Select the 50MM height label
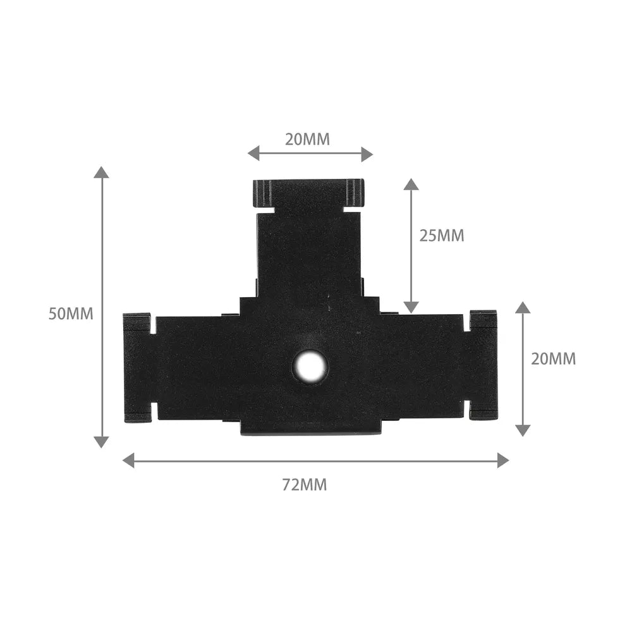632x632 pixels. [x=71, y=313]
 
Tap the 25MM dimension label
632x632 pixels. [x=442, y=236]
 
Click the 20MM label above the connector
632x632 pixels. [x=307, y=140]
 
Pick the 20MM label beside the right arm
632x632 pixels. [x=554, y=359]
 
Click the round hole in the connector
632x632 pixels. [x=310, y=366]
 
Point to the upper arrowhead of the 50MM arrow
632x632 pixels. [x=101, y=172]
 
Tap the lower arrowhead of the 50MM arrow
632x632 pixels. [x=101, y=442]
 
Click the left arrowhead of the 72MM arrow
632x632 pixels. [x=128, y=460]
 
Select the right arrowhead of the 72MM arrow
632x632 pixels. [x=503, y=460]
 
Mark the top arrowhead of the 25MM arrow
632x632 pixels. [x=411, y=184]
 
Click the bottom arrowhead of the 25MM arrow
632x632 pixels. [x=411, y=307]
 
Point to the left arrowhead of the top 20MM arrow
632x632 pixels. [x=253, y=153]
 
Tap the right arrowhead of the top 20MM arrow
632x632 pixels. [x=367, y=153]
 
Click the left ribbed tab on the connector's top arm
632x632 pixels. [x=262, y=193]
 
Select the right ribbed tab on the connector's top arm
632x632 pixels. [x=355, y=192]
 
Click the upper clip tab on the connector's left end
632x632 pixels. [x=137, y=322]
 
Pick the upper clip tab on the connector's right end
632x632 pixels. [x=483, y=320]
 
